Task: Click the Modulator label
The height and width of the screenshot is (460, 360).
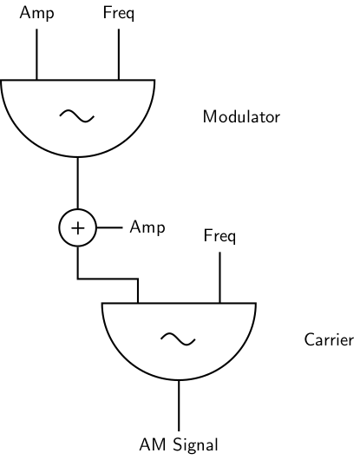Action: click(x=241, y=116)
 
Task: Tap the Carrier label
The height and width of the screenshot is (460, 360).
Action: click(x=328, y=339)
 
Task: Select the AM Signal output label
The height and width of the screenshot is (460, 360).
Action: click(x=179, y=445)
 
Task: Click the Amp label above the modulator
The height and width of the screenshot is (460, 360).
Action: click(x=36, y=13)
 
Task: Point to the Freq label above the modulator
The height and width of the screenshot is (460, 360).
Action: click(x=118, y=13)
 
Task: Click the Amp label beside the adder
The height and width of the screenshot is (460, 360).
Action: click(x=147, y=227)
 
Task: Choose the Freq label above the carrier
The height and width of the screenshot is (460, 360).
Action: click(x=219, y=235)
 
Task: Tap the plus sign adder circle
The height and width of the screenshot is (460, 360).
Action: click(x=78, y=228)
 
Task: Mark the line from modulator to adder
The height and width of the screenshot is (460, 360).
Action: click(x=78, y=184)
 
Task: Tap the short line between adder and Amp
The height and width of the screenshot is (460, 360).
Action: click(x=109, y=228)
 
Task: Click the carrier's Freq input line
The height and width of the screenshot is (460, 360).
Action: click(x=219, y=276)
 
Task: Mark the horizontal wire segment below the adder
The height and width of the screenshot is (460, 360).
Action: click(x=108, y=279)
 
